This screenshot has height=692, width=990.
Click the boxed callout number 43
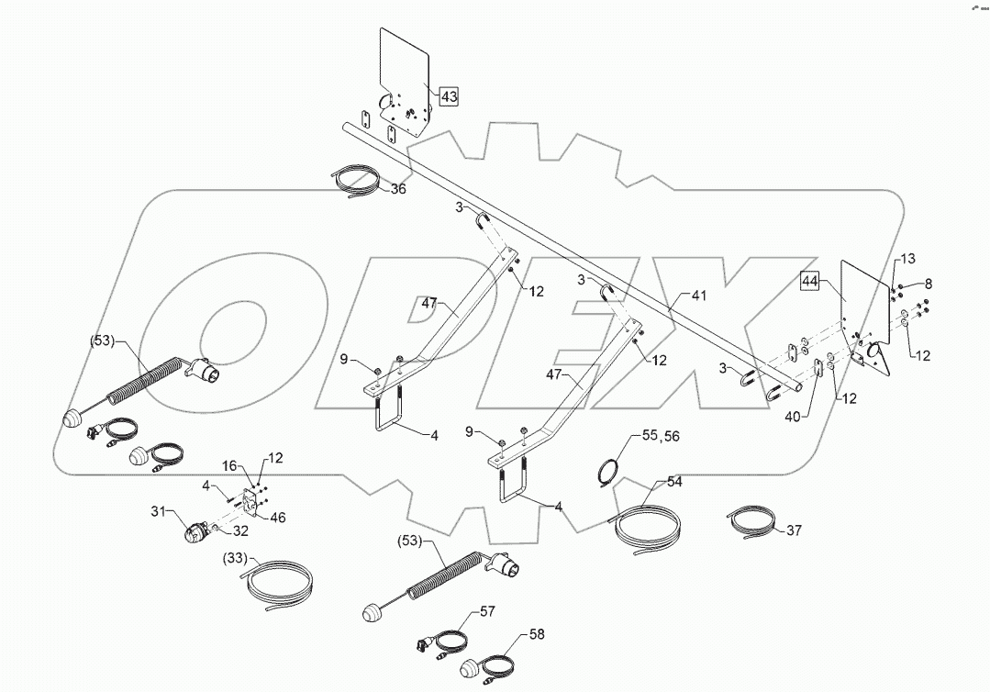(449, 96)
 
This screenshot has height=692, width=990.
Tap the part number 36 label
(398, 189)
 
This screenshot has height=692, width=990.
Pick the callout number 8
(928, 283)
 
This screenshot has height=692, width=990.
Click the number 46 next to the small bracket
(276, 517)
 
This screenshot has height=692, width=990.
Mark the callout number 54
(674, 481)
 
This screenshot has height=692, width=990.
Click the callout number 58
(537, 634)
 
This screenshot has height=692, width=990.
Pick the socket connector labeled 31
(196, 532)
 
